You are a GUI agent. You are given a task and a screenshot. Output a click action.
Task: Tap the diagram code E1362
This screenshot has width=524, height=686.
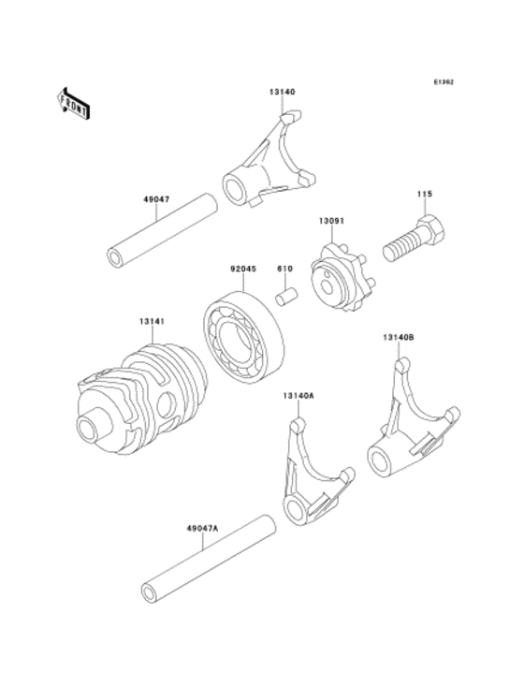click(x=444, y=82)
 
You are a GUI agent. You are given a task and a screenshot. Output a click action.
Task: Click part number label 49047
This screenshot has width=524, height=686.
click(x=156, y=199)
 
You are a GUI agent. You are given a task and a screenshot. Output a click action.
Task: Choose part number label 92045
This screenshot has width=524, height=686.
click(x=244, y=268)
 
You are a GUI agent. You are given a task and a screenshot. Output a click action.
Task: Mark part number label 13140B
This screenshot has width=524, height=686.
click(x=399, y=336)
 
